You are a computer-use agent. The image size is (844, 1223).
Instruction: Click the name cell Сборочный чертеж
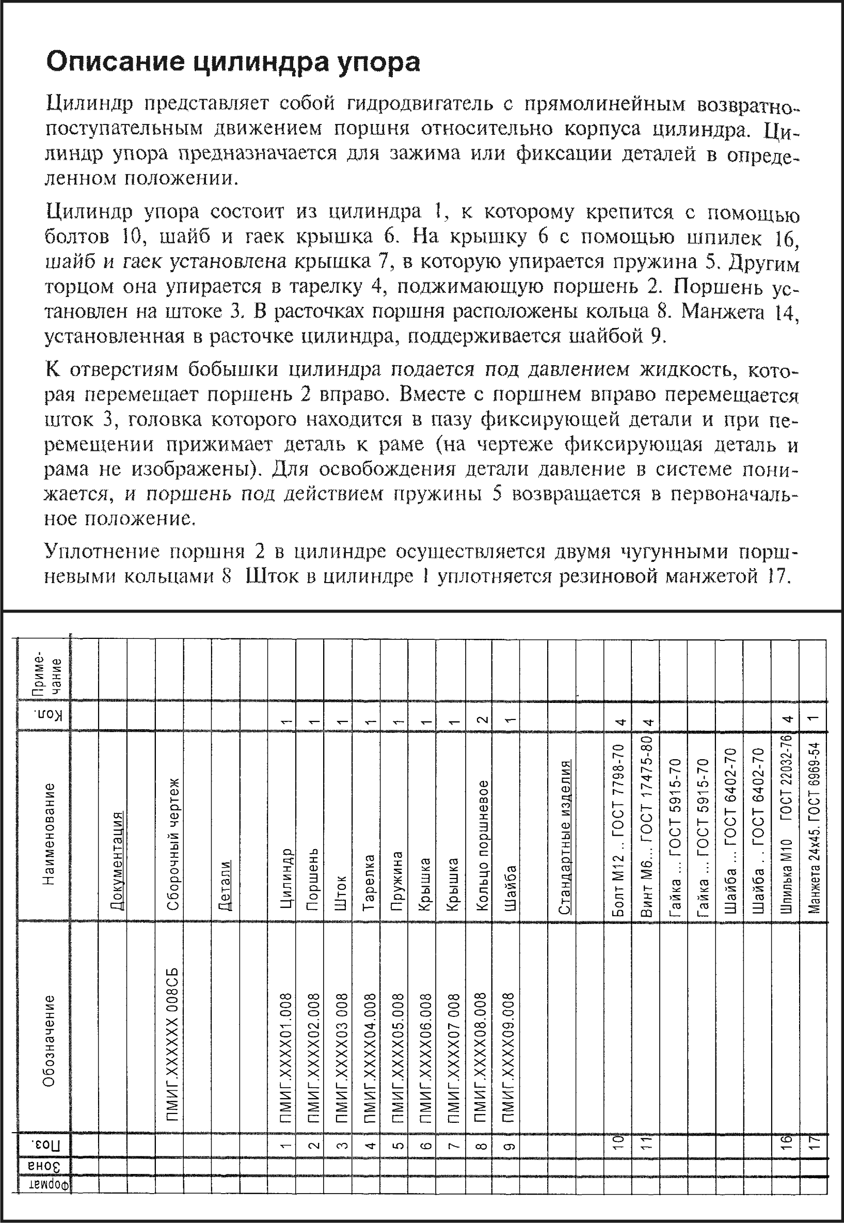point(173,844)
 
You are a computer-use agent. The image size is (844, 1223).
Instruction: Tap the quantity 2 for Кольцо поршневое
point(482,719)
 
